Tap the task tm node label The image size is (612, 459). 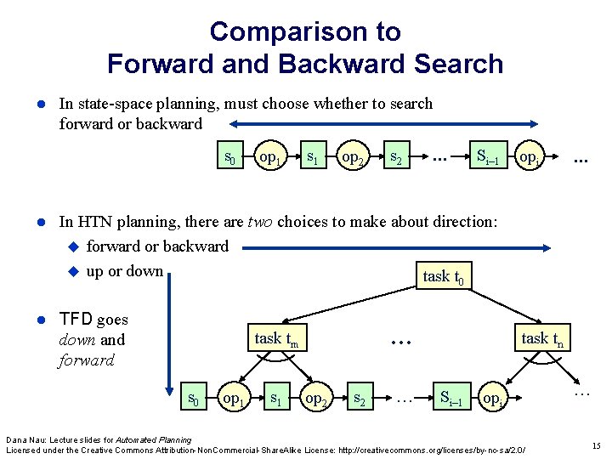point(276,339)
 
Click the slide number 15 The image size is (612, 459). point(596,445)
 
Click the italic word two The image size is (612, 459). point(260,223)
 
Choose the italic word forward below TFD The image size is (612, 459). point(87,360)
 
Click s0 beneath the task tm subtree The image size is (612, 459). point(195,397)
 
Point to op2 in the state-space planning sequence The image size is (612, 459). point(350,157)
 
